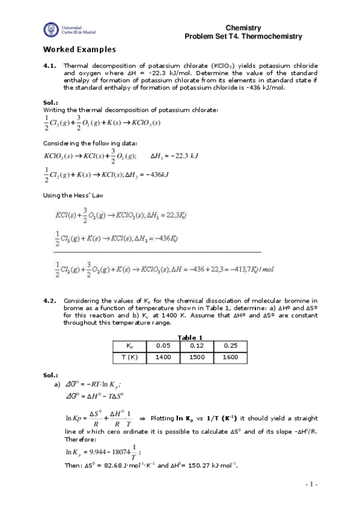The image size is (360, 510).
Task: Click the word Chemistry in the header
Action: [x=243, y=28]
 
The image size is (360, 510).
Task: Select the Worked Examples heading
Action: [x=79, y=49]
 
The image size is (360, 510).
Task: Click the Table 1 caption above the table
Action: [x=192, y=337]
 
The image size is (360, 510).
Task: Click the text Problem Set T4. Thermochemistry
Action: [x=243, y=37]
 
